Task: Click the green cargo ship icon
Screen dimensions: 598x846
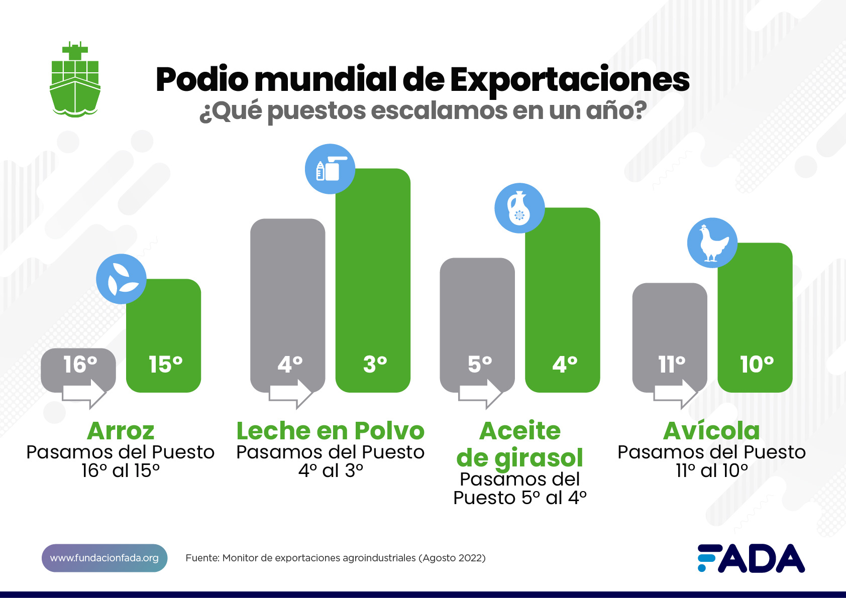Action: [x=75, y=80]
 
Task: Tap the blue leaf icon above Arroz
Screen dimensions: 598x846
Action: [x=121, y=279]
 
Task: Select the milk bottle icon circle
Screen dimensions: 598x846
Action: [x=330, y=169]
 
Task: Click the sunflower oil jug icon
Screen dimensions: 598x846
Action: [x=519, y=208]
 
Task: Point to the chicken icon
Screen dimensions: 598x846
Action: [x=712, y=243]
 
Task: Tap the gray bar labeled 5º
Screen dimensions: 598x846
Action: [x=477, y=321]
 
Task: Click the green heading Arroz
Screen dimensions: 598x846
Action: [x=121, y=431]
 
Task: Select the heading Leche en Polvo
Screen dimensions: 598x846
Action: [x=331, y=431]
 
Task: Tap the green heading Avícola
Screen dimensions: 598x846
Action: [x=711, y=431]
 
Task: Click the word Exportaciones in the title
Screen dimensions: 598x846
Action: [x=569, y=80]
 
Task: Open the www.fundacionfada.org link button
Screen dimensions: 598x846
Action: [x=104, y=558]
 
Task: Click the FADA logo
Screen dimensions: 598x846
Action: [x=751, y=558]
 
